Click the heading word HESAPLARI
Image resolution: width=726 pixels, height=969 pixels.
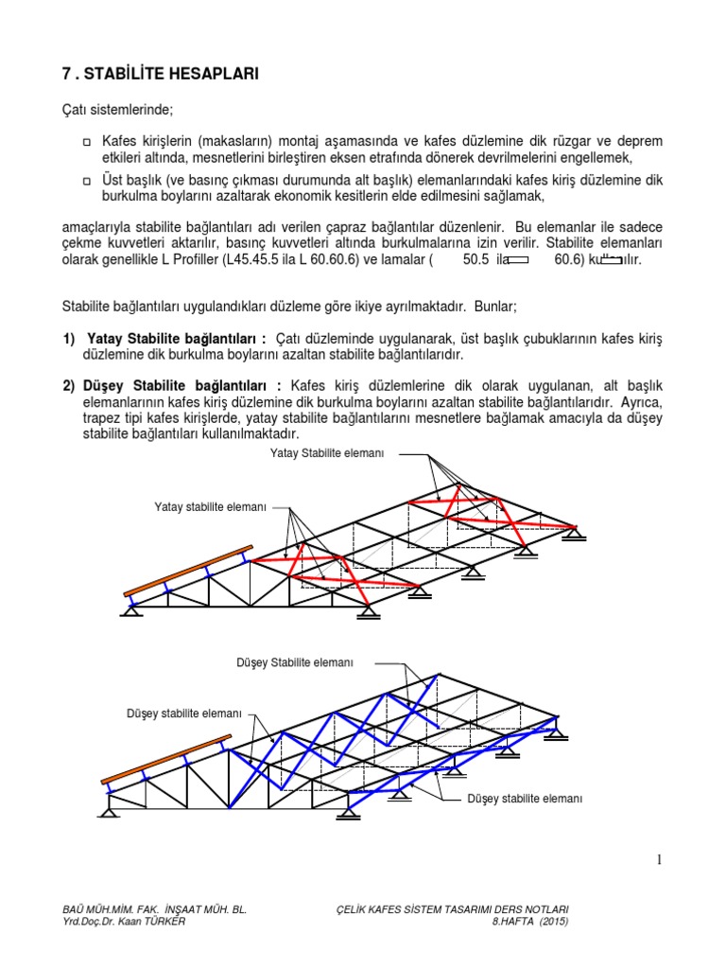(x=209, y=73)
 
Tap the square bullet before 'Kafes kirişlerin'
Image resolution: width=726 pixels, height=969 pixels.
(x=86, y=141)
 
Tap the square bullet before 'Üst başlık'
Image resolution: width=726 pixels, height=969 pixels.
(x=86, y=180)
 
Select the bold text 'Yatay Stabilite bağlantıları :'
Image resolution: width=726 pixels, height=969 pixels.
(x=177, y=339)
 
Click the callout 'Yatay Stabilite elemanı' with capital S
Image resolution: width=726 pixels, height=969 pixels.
(x=327, y=454)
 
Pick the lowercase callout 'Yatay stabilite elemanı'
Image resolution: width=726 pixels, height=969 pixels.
(x=211, y=508)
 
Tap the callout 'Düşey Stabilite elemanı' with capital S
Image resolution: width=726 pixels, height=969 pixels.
(x=294, y=662)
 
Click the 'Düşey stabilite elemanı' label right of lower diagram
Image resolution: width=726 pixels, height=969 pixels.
(x=525, y=799)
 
